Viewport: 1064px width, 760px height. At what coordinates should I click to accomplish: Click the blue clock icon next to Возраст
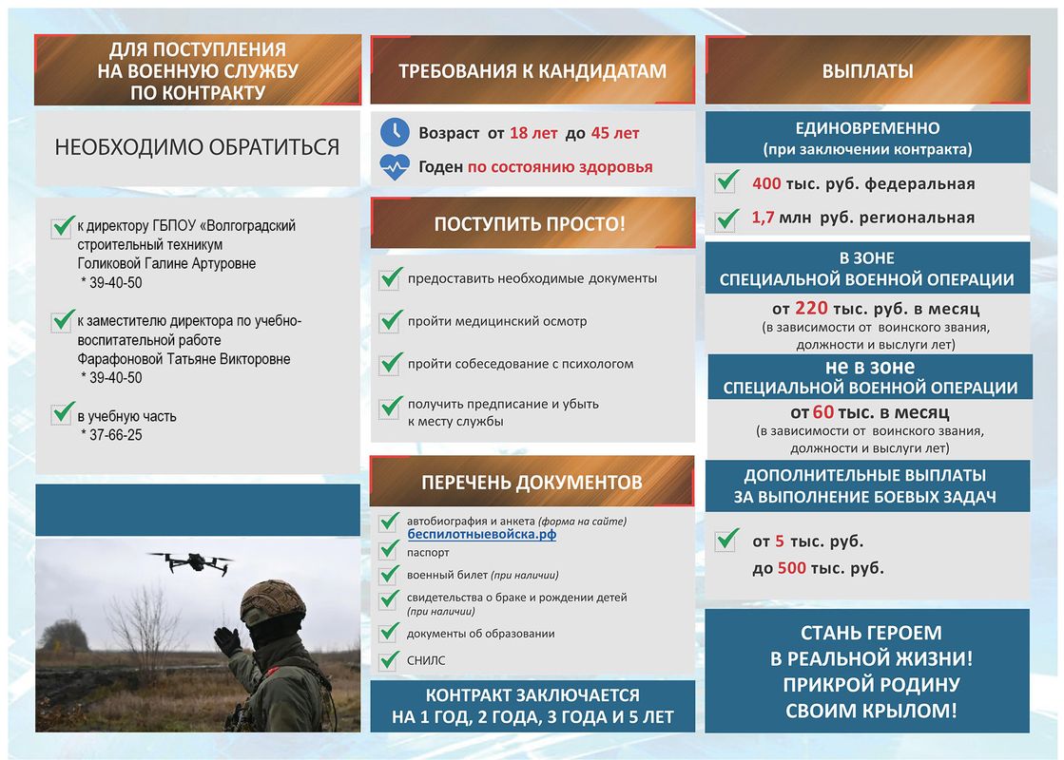394,132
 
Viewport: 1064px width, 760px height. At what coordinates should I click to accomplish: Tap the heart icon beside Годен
394,167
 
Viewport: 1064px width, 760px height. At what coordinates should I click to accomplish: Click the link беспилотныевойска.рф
481,535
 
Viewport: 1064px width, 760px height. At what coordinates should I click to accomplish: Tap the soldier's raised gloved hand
228,641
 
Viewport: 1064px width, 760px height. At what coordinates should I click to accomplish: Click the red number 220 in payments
811,309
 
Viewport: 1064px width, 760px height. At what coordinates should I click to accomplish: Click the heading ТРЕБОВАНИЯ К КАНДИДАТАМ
532,71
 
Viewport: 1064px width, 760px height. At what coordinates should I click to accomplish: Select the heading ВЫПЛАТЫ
867,71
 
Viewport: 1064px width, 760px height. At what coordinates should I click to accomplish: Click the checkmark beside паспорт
390,550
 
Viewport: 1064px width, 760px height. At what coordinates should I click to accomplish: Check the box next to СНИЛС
390,659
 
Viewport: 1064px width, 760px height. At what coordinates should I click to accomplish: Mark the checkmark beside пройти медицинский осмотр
391,321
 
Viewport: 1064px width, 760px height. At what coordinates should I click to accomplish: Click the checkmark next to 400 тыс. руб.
727,181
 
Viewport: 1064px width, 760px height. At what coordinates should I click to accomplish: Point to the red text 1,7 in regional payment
763,218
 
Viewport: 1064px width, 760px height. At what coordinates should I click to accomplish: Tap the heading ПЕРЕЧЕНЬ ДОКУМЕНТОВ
532,483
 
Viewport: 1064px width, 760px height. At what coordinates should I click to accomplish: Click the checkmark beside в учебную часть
64,414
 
